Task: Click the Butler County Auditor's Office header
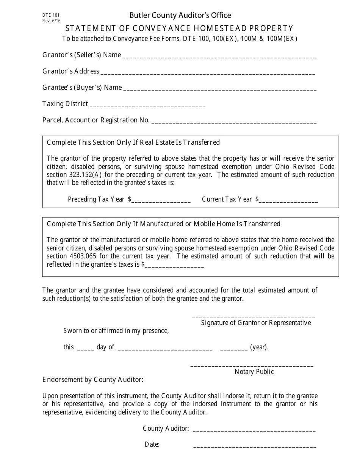(x=180, y=15)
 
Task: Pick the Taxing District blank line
(x=148, y=105)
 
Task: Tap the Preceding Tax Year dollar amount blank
(x=161, y=200)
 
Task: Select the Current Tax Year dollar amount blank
(x=288, y=200)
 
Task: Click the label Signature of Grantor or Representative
(x=256, y=323)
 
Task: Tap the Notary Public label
(x=254, y=372)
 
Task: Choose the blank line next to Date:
(x=254, y=446)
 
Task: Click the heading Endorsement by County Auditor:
(x=93, y=380)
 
